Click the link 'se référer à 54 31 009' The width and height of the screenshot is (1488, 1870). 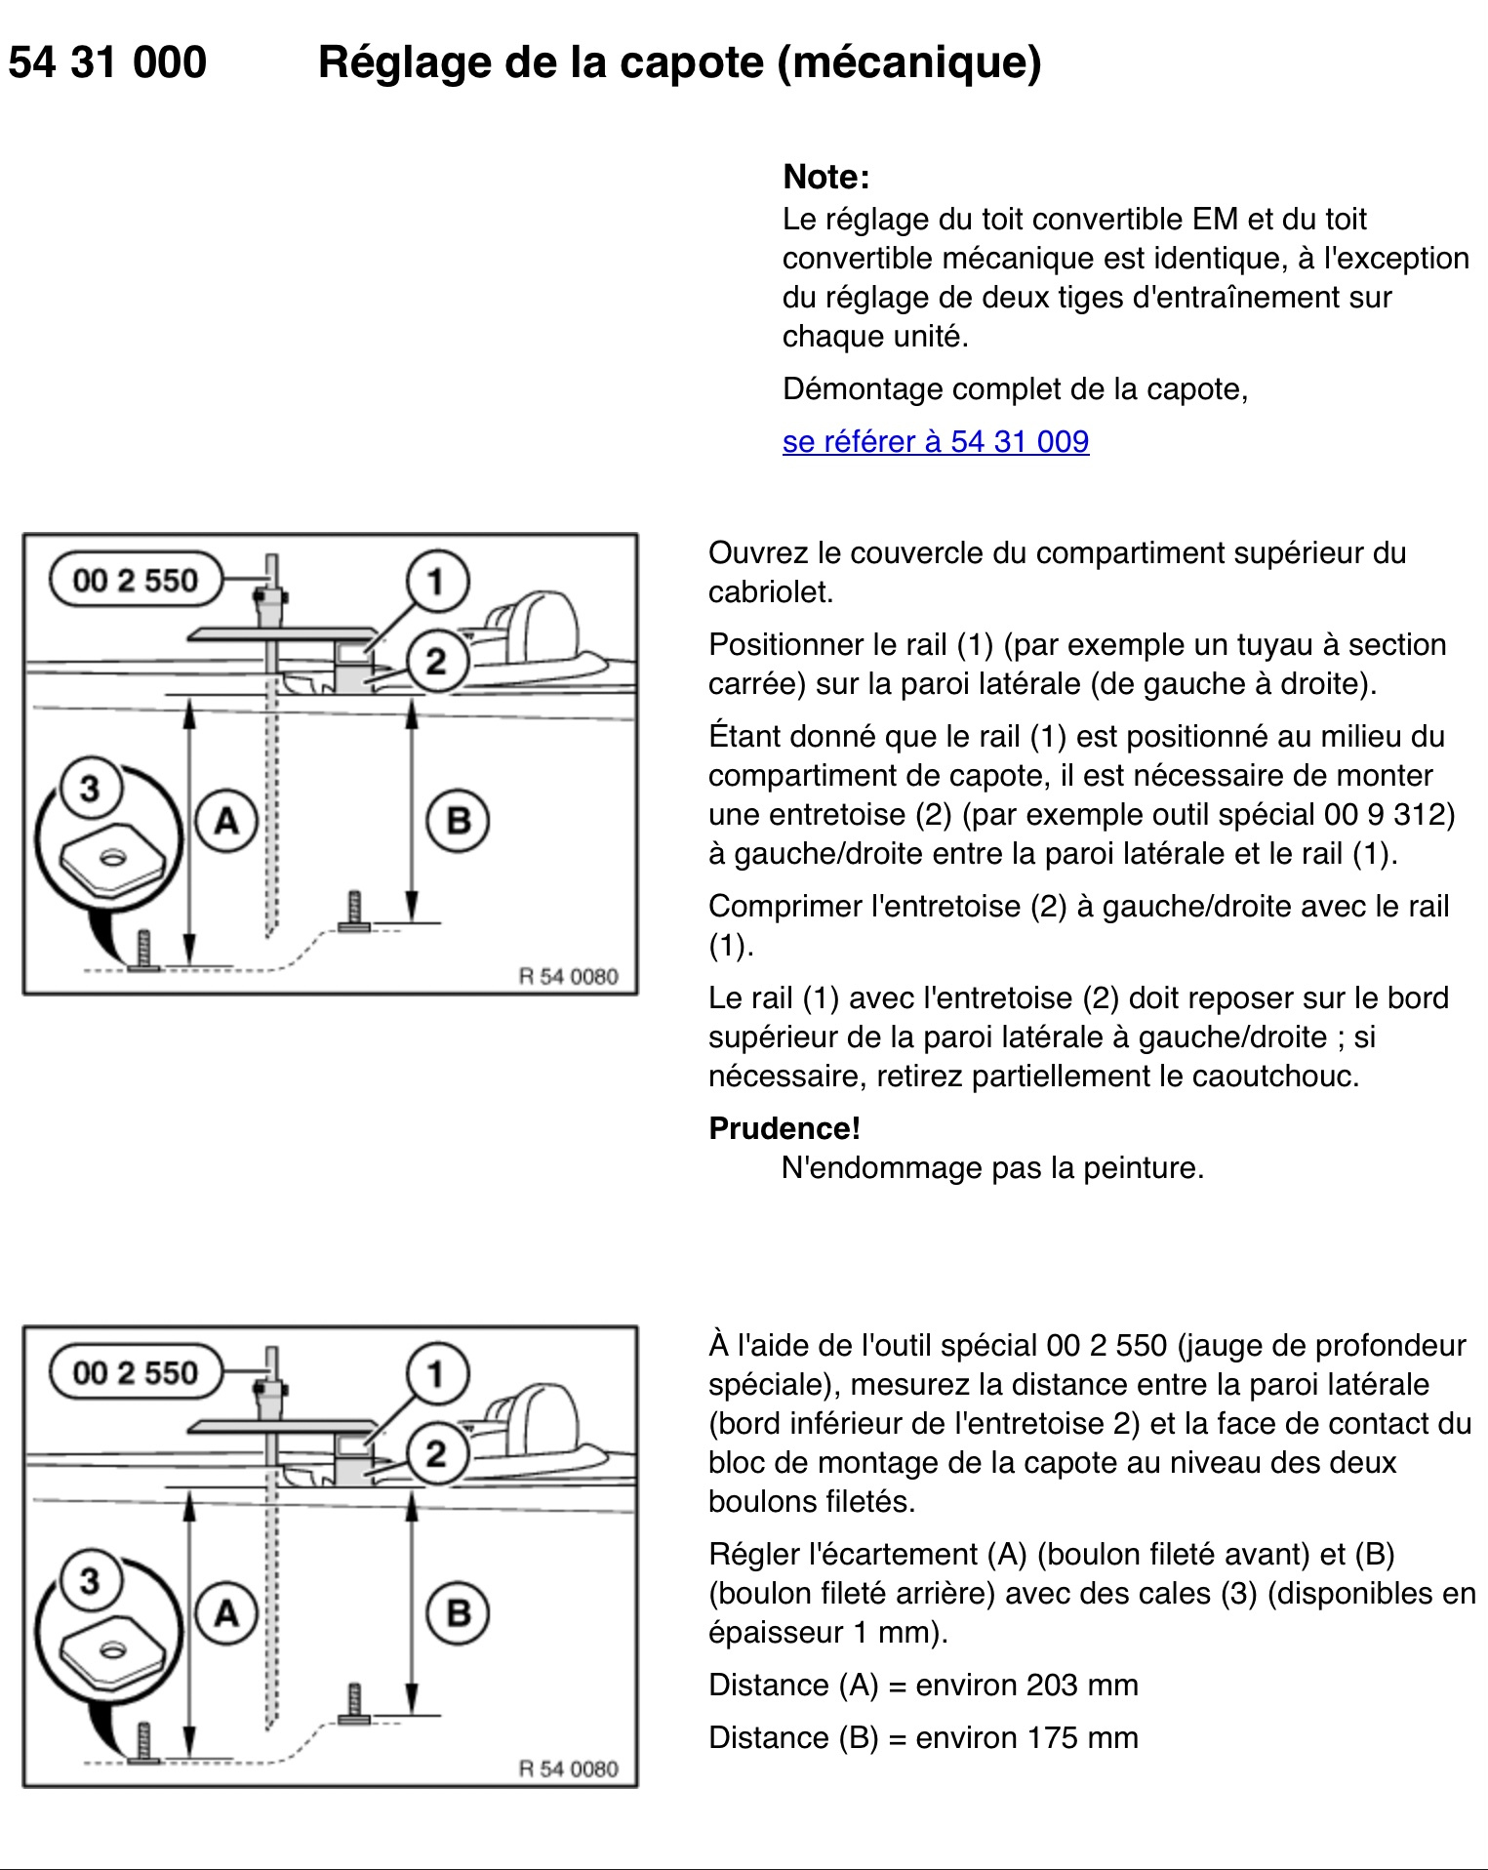coord(935,441)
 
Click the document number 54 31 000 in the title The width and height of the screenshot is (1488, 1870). coord(107,62)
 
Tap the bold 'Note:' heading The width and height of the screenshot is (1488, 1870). coord(826,177)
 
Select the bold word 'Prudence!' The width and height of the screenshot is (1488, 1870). coord(784,1128)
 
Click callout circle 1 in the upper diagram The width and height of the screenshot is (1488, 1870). coord(436,582)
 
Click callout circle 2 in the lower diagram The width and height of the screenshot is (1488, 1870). coord(436,1454)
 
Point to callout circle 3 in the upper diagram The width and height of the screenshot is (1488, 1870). coord(90,788)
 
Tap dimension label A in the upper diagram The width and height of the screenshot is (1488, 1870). coord(226,821)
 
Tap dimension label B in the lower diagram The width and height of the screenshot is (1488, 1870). coord(459,1613)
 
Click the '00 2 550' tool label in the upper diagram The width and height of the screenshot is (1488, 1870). coord(136,580)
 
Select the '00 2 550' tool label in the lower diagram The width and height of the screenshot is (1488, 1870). coord(136,1372)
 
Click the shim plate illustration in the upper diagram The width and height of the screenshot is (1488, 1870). coord(111,860)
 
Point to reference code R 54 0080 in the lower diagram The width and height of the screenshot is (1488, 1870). coord(568,1768)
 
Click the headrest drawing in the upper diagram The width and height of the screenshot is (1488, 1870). coord(532,627)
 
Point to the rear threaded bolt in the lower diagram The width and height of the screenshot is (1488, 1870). coord(354,1704)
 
